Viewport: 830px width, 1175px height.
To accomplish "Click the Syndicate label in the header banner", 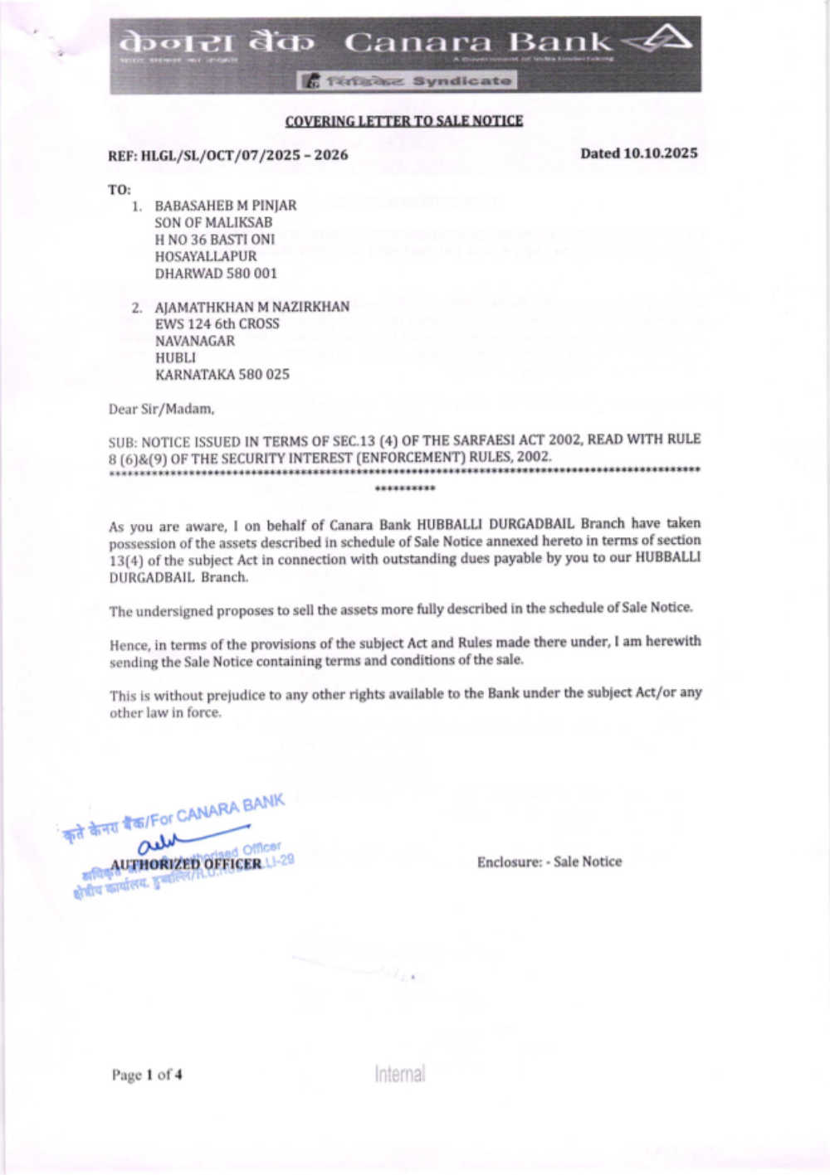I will (461, 81).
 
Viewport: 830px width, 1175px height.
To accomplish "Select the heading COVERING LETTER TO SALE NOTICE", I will (404, 121).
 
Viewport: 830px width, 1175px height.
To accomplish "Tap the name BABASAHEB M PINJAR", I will (226, 205).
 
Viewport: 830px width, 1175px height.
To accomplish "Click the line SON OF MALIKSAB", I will (213, 222).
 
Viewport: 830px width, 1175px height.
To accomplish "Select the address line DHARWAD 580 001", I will (216, 273).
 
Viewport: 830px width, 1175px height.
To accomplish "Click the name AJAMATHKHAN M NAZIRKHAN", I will (252, 307).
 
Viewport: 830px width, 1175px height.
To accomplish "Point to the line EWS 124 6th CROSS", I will (217, 323).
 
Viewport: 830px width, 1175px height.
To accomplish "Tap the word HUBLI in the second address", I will (175, 357).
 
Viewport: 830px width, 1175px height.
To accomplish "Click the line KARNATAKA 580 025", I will (222, 374).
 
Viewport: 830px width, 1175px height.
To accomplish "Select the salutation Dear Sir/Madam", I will (161, 409).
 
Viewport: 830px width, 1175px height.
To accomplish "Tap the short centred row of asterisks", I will (405, 488).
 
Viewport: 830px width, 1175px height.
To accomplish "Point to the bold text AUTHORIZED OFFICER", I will (187, 864).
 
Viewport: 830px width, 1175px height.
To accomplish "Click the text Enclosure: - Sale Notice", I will (549, 862).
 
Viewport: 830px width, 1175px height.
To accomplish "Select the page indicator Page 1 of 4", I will (147, 1075).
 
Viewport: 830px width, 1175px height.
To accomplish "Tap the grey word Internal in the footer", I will (399, 1074).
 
